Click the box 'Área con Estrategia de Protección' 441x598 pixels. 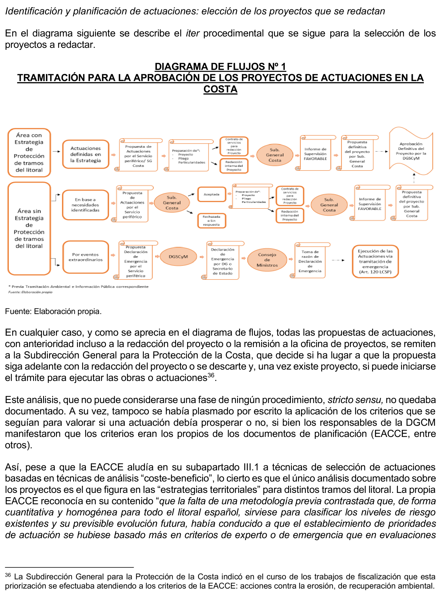[x=29, y=153]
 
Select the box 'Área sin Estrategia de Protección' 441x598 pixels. [x=29, y=228]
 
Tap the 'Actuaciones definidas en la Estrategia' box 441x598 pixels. [x=85, y=154]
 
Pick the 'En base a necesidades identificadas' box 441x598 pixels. [x=85, y=205]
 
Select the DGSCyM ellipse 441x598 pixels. [x=178, y=257]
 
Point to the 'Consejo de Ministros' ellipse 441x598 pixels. [x=267, y=260]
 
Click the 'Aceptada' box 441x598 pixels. [x=211, y=195]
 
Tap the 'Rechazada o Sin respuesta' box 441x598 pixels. [x=211, y=221]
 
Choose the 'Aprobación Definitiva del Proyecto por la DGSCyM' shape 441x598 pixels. [x=411, y=151]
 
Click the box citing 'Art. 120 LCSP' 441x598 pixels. [x=375, y=261]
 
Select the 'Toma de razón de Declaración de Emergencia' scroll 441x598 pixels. [x=310, y=261]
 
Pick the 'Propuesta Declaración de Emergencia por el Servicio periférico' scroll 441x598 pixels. [x=136, y=261]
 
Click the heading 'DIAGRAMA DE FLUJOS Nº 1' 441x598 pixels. [x=220, y=66]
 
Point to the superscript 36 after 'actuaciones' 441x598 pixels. [x=211, y=375]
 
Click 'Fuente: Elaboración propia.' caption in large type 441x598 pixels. [x=53, y=311]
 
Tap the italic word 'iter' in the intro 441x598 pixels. [x=192, y=33]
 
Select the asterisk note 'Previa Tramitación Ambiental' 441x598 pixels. [x=78, y=287]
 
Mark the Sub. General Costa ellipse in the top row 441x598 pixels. [x=275, y=155]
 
